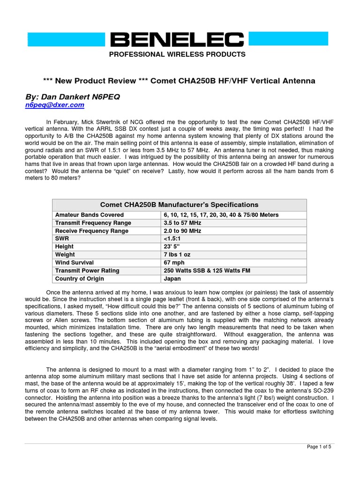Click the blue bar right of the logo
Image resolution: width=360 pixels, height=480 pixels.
pos(291,39)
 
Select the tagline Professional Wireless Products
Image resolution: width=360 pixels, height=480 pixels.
pos(177,54)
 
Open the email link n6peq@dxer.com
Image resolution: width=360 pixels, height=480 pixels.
pos(54,105)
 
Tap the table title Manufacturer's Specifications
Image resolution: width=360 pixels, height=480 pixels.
pos(180,205)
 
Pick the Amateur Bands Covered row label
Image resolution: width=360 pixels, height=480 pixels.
pos(90,215)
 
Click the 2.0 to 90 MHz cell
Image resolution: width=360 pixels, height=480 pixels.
pos(182,231)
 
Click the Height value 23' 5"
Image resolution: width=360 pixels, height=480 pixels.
pos(172,247)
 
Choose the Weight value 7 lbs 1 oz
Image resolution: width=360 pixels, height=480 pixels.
pos(177,255)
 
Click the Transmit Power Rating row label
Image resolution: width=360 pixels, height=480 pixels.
pos(87,270)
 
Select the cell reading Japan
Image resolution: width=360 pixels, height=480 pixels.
pos(172,278)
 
